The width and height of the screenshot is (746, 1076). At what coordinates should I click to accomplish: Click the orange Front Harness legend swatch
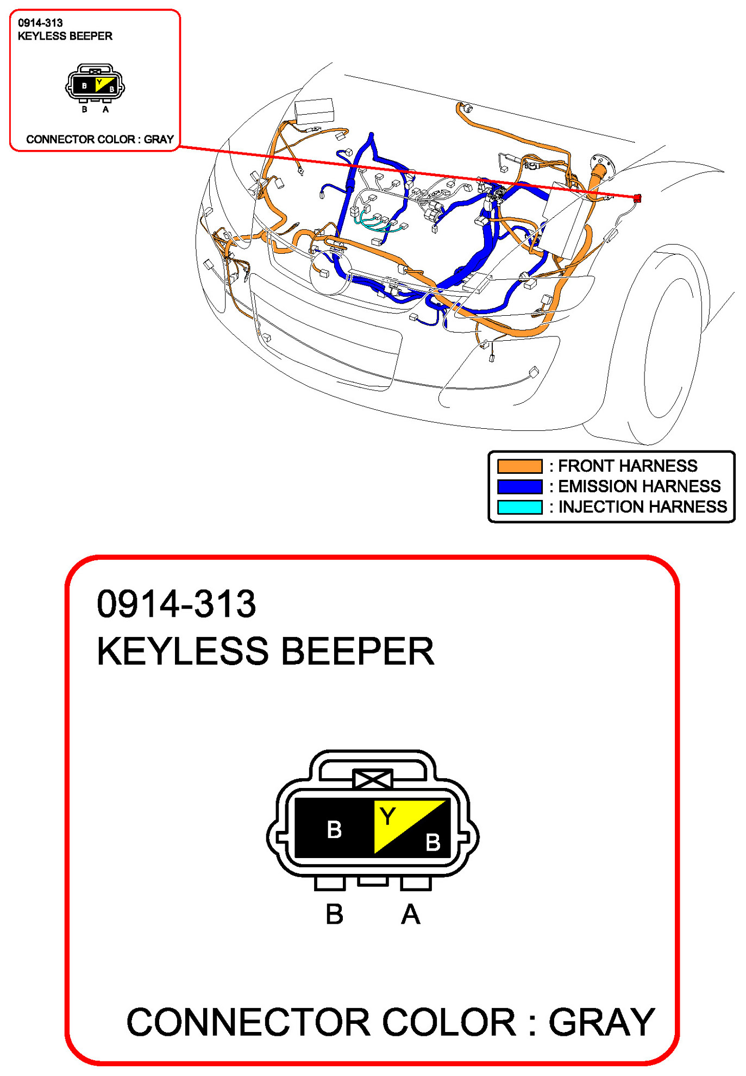(519, 466)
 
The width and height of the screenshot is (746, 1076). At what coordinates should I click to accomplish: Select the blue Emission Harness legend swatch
(519, 486)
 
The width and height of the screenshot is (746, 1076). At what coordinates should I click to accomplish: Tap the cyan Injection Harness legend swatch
(519, 507)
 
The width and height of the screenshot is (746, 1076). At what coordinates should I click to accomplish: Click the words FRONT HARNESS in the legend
(628, 466)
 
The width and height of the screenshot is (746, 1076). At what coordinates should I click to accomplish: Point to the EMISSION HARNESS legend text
(639, 486)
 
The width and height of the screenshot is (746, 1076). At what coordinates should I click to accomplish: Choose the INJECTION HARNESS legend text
(642, 506)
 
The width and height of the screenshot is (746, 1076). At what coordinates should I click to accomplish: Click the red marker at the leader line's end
(637, 198)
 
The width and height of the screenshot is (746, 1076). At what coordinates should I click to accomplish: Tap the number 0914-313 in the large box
(176, 604)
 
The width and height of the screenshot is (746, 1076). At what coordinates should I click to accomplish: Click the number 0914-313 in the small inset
(40, 23)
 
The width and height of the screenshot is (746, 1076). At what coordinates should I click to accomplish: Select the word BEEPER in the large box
(358, 651)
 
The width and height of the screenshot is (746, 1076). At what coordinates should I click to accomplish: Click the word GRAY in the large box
(601, 1022)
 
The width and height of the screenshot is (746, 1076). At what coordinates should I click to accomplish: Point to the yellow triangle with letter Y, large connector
(399, 821)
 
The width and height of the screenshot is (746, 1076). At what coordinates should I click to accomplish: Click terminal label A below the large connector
(411, 914)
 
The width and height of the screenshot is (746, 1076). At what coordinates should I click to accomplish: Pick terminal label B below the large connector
(334, 914)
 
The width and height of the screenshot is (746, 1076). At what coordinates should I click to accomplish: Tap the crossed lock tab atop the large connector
(372, 780)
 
